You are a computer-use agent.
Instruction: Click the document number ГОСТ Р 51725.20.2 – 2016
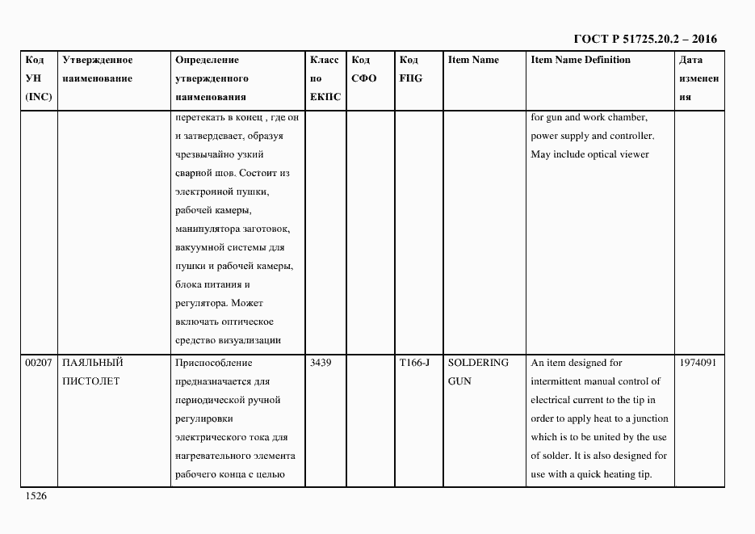[644, 38]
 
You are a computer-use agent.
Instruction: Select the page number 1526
[36, 496]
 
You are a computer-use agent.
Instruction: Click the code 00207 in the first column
[38, 363]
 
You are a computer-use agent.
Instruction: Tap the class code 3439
[321, 363]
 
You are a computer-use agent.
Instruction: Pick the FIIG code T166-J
[414, 363]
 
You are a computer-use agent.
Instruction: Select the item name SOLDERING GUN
[478, 372]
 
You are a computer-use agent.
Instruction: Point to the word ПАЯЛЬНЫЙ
[92, 363]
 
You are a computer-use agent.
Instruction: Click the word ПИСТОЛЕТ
[90, 381]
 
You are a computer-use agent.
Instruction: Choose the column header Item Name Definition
[581, 60]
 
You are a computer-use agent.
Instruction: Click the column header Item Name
[473, 60]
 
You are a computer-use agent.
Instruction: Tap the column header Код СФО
[364, 69]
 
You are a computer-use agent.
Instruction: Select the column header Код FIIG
[410, 69]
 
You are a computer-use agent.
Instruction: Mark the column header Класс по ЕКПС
[325, 78]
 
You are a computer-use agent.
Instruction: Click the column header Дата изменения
[699, 78]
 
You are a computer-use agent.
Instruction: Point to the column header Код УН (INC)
[38, 78]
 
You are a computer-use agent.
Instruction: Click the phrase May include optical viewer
[589, 154]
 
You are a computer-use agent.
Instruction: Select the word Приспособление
[213, 363]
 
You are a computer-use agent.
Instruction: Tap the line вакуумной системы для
[229, 247]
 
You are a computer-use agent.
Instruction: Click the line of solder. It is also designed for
[598, 456]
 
